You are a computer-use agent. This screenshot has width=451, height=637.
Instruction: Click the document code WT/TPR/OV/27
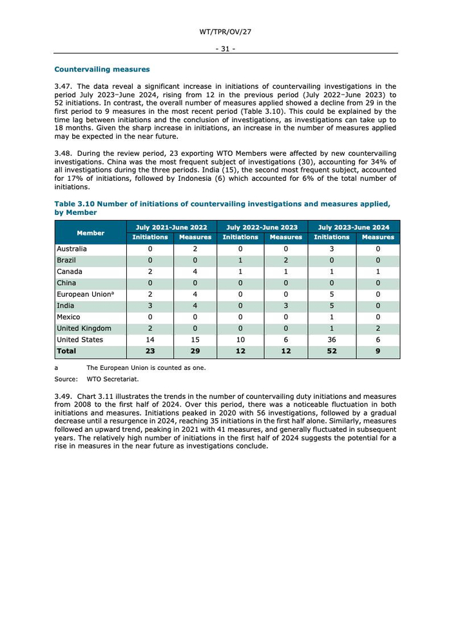225,31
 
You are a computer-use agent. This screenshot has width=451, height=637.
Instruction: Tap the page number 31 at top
225,48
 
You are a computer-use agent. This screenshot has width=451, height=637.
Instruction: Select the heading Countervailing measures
102,69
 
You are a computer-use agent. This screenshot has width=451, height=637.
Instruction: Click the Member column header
91,232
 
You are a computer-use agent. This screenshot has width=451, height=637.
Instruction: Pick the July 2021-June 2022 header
172,227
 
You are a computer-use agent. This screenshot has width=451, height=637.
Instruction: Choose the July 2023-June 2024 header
354,227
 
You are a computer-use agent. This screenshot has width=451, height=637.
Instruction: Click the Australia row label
72,248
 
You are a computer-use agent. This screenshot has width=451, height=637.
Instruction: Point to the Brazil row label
66,260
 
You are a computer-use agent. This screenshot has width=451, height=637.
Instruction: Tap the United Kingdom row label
84,328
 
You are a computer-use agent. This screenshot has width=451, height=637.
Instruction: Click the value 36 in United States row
332,340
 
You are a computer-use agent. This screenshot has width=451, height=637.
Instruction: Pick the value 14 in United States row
150,340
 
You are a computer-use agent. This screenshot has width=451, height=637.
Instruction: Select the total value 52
332,351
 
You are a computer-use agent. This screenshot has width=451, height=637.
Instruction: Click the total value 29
195,351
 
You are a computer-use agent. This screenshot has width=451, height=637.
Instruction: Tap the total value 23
150,351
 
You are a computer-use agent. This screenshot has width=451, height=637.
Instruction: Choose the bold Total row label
67,351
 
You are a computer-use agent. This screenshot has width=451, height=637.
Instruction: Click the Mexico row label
69,317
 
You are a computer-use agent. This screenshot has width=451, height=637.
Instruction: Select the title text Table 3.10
75,204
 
